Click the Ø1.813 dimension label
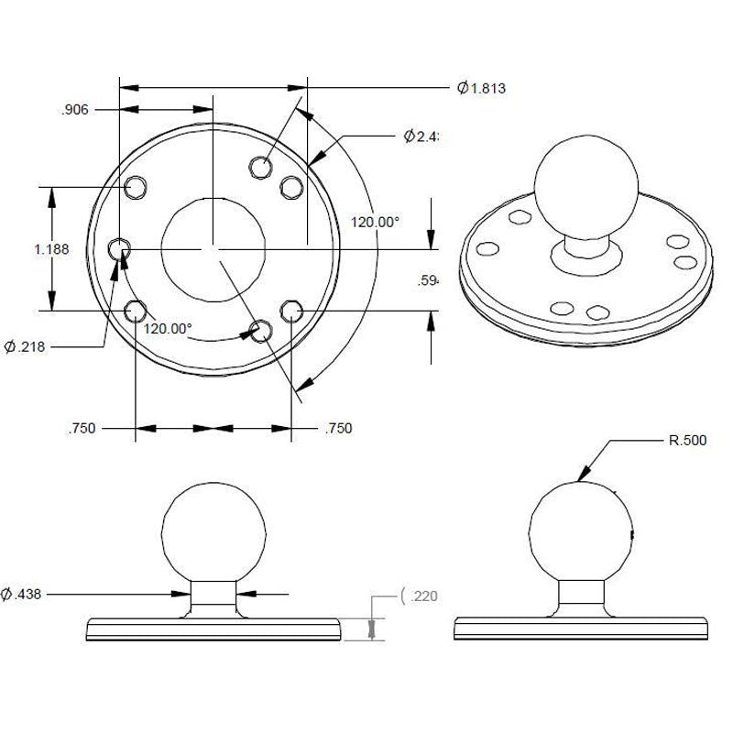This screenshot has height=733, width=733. (482, 89)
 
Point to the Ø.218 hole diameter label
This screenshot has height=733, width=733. (25, 346)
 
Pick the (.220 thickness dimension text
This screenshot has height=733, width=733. (421, 596)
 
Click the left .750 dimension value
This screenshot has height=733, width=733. (83, 428)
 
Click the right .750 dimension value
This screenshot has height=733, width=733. (338, 428)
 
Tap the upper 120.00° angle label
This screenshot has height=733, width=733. (376, 222)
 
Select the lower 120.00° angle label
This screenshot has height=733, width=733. (168, 328)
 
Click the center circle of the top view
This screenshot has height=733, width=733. (213, 247)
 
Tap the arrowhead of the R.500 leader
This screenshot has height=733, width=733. (582, 476)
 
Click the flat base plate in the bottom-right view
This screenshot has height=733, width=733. (584, 630)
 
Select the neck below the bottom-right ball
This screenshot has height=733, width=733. (584, 597)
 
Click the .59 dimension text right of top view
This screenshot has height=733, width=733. (428, 281)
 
